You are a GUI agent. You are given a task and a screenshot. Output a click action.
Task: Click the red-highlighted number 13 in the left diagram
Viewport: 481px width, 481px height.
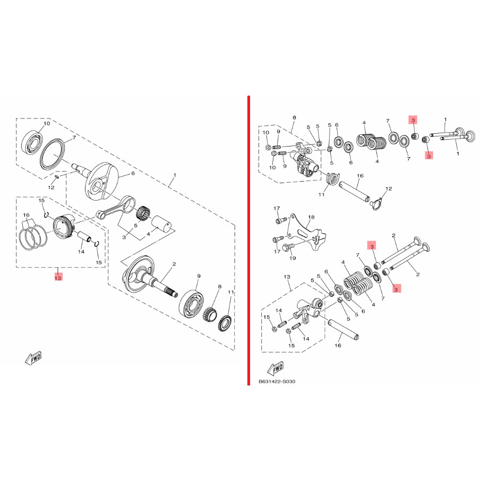tap(58, 278)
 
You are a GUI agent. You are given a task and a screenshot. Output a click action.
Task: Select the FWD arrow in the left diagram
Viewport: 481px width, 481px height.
tap(33, 358)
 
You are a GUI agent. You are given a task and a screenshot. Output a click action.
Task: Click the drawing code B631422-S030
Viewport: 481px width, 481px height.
tap(277, 381)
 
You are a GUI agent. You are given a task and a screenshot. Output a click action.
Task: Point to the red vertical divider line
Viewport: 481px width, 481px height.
tap(249, 241)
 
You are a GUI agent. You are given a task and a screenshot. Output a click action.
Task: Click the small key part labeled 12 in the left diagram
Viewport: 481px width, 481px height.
tap(57, 176)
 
